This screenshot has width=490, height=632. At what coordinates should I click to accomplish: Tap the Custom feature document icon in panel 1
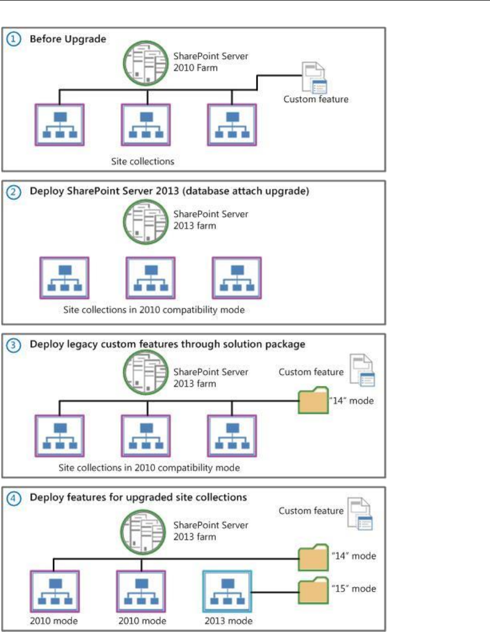(x=314, y=79)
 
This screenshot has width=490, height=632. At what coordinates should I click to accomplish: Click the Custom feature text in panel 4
(x=311, y=511)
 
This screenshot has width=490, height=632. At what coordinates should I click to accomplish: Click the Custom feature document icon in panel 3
(x=361, y=372)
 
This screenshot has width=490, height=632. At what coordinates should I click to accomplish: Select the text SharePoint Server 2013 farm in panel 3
(x=211, y=377)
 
